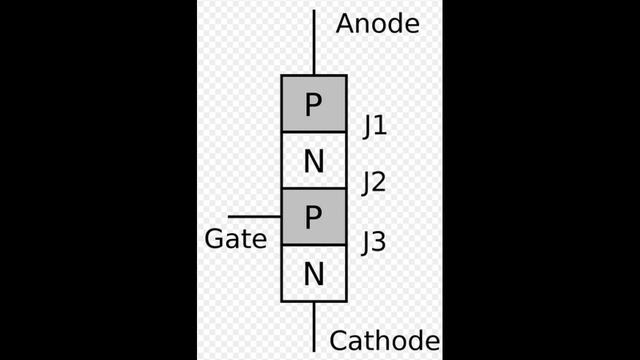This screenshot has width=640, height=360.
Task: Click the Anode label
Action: [x=377, y=24]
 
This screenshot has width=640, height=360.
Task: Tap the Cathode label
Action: [x=384, y=341]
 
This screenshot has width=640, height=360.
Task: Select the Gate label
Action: [x=235, y=240]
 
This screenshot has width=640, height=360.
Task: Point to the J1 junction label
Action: [x=375, y=127]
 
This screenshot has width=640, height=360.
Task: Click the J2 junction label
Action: [x=374, y=183]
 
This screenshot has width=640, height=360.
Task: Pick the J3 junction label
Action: [x=374, y=242]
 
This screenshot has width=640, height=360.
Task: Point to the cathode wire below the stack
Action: [x=313, y=326]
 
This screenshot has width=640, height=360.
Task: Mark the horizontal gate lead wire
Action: [x=254, y=216]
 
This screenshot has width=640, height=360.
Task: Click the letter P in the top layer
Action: [x=313, y=104]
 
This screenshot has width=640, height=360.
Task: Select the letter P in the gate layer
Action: [x=313, y=217]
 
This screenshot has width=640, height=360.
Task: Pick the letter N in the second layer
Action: [x=313, y=161]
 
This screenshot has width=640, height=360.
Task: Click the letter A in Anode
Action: [x=346, y=24]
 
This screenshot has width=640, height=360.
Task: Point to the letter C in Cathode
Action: [x=340, y=341]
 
